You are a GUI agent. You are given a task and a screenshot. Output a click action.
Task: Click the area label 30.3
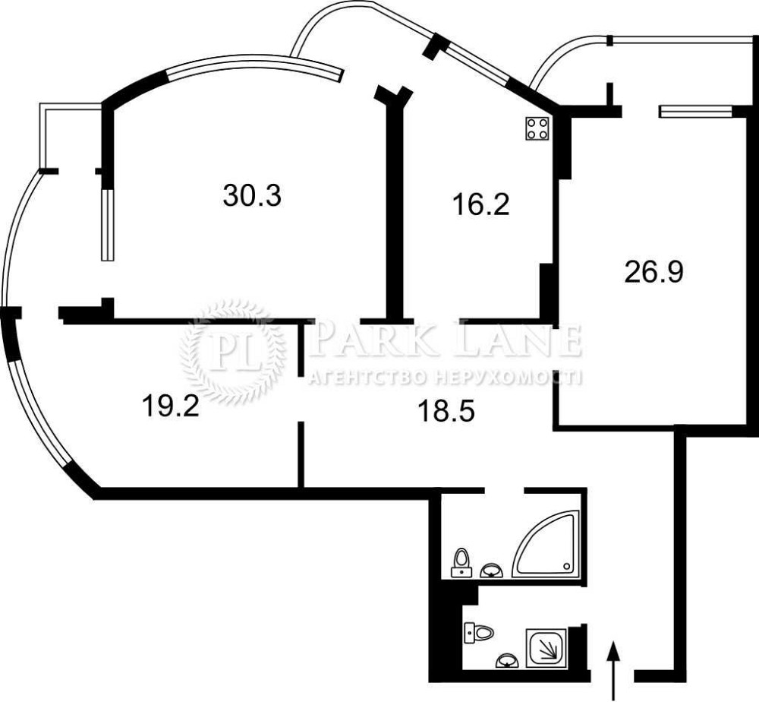pyautogui.click(x=252, y=196)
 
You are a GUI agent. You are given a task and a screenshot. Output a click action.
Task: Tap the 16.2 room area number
pyautogui.click(x=480, y=205)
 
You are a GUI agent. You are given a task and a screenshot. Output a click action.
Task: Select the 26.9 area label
pyautogui.click(x=653, y=272)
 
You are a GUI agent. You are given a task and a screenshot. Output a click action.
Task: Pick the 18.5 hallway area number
pyautogui.click(x=446, y=412)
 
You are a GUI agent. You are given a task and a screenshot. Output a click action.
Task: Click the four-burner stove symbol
pyautogui.click(x=538, y=128)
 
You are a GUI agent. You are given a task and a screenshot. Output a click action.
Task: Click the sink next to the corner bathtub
pyautogui.click(x=492, y=571)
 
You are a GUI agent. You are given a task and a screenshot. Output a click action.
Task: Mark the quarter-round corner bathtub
pyautogui.click(x=546, y=543)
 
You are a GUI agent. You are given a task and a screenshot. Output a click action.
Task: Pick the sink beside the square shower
pyautogui.click(x=506, y=661)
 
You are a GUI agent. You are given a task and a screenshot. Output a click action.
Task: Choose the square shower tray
pyautogui.click(x=546, y=649)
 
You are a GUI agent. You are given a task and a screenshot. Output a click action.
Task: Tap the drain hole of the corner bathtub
pyautogui.click(x=566, y=565)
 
